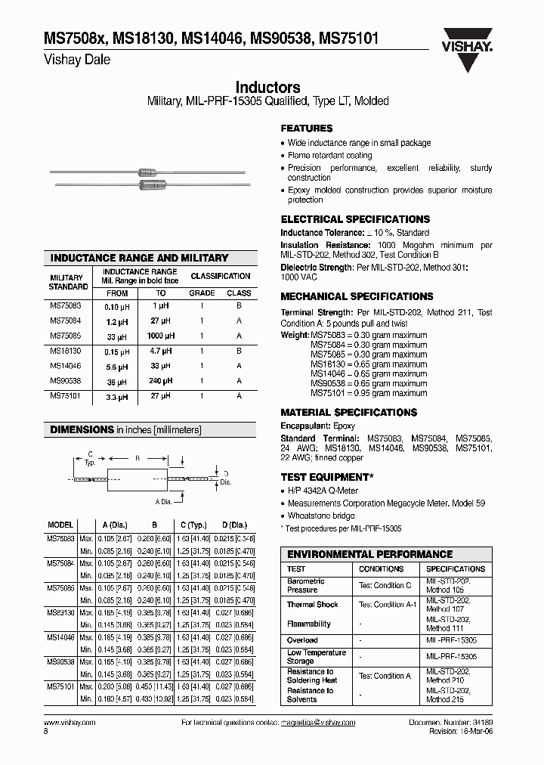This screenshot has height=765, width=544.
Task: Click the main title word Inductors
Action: [x=267, y=88]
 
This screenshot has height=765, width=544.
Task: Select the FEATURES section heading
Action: [x=306, y=129]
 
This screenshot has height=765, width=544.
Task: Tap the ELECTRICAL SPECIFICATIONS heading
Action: [x=355, y=219]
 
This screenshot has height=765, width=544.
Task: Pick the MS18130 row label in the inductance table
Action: [x=66, y=352]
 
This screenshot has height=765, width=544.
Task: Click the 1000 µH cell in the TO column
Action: [x=161, y=336]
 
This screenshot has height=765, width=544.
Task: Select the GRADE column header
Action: [x=202, y=293]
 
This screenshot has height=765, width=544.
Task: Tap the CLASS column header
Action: [x=239, y=293]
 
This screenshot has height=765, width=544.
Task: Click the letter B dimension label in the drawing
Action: [x=137, y=457]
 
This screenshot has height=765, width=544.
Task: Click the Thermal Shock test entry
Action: [x=312, y=605]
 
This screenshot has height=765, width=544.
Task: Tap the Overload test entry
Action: [x=302, y=640]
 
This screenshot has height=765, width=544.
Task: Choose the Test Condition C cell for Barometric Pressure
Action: [x=385, y=585]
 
